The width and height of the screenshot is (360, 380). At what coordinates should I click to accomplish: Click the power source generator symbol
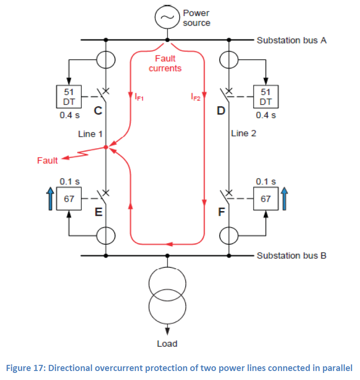click(x=167, y=17)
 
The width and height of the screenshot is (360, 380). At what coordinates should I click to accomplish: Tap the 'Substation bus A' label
click(x=292, y=40)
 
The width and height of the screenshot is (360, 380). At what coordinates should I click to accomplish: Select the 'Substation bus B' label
click(x=292, y=256)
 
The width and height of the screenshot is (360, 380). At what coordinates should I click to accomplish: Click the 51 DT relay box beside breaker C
click(x=69, y=97)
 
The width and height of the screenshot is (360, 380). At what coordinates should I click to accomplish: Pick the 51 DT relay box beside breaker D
click(x=266, y=97)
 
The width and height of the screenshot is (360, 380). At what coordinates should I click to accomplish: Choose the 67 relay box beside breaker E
click(x=69, y=198)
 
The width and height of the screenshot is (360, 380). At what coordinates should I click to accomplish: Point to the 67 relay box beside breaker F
click(x=266, y=198)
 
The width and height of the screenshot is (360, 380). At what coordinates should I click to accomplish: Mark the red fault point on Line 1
click(x=106, y=147)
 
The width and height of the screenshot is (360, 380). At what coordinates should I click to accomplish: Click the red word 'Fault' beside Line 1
click(x=47, y=160)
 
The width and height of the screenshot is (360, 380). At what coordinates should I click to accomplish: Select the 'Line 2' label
click(x=243, y=133)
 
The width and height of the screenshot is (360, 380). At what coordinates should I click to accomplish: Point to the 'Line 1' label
click(x=90, y=134)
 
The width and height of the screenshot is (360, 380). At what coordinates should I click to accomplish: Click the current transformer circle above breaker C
click(x=106, y=60)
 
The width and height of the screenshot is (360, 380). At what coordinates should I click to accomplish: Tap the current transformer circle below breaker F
click(x=229, y=236)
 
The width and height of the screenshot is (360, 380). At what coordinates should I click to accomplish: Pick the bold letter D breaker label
click(x=221, y=111)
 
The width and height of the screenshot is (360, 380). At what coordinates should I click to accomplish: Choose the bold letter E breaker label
click(x=98, y=212)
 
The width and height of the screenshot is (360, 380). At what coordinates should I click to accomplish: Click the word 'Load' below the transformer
click(x=167, y=344)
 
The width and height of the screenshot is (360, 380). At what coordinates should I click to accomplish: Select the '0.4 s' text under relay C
click(x=70, y=115)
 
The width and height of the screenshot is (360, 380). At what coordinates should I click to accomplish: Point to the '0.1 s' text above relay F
click(x=266, y=182)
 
